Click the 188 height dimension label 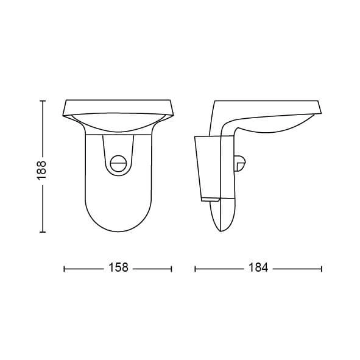42,170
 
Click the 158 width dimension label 118,267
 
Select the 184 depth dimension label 258,267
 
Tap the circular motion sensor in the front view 118,164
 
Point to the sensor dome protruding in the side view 240,163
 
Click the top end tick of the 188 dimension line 43,101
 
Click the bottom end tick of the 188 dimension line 43,232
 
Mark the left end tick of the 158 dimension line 64,269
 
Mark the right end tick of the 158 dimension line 172,269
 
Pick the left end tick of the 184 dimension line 195,269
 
